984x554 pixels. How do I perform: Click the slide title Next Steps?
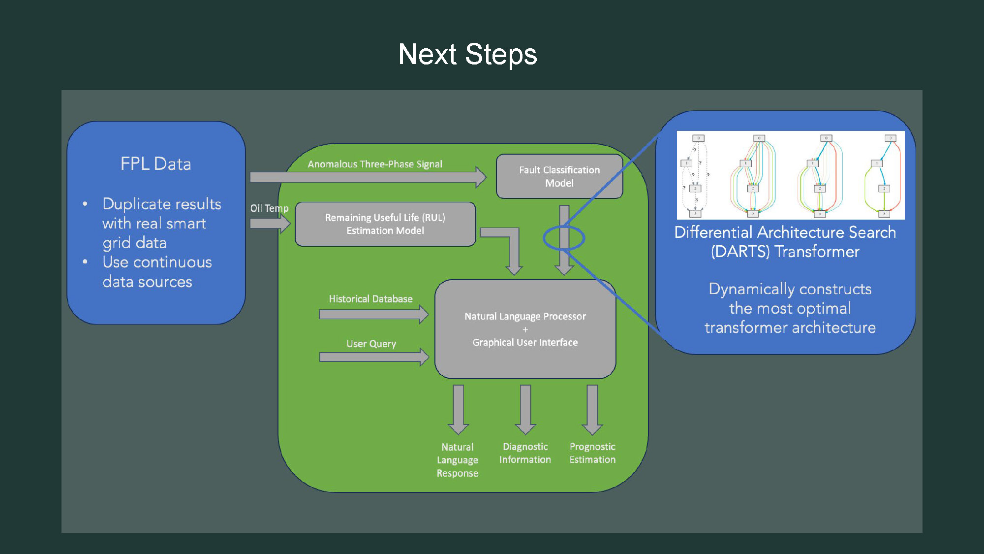click(x=467, y=54)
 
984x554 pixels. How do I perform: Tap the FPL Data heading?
click(x=155, y=164)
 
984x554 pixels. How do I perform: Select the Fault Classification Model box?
click(x=559, y=176)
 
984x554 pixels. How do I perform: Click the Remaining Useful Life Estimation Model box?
click(x=385, y=224)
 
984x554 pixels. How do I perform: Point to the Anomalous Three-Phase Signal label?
click(x=375, y=164)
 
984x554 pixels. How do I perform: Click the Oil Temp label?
click(x=269, y=208)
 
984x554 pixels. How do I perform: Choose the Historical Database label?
click(x=370, y=299)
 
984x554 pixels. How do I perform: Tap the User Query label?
click(x=371, y=344)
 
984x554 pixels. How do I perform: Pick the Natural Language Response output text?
click(x=458, y=460)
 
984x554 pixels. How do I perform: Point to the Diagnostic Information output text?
click(x=525, y=453)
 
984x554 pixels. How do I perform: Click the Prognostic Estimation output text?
click(x=592, y=453)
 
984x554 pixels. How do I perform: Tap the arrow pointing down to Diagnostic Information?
click(x=525, y=409)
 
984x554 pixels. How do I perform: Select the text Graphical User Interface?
click(x=525, y=342)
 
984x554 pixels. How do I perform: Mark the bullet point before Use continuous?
click(x=85, y=262)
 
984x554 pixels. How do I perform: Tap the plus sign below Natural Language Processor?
click(x=525, y=329)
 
